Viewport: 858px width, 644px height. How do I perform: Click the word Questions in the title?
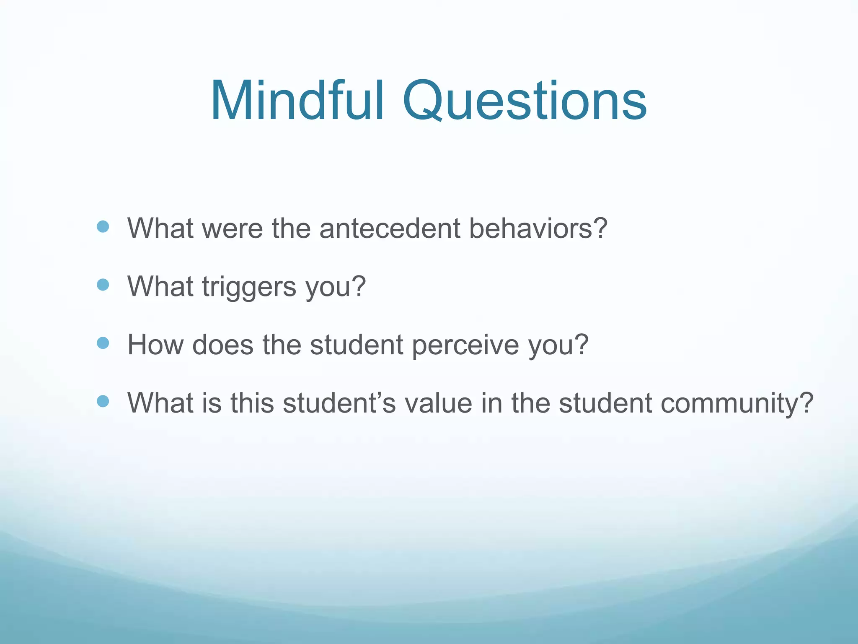tap(525, 102)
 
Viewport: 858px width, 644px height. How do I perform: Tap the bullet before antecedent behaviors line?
tap(103, 227)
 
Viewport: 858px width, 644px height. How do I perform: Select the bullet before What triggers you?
tap(103, 285)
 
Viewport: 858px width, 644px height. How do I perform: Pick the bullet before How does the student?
tap(103, 343)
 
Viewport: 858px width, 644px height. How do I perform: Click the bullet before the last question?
tap(103, 402)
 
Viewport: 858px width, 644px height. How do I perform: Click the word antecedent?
tap(390, 229)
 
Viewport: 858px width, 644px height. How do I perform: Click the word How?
tap(155, 345)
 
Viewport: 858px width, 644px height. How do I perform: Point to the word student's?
tap(339, 403)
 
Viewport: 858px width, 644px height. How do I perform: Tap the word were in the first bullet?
tap(233, 229)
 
